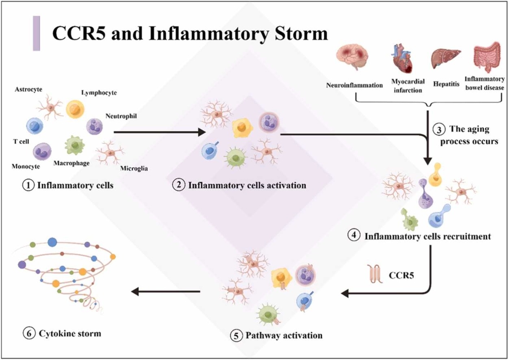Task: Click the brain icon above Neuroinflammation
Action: [x=353, y=58]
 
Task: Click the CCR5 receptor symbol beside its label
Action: [x=374, y=273]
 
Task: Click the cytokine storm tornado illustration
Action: [x=67, y=273]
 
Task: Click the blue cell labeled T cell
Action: [x=34, y=126]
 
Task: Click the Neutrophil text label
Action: [x=122, y=116]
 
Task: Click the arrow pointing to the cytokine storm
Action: [x=166, y=291]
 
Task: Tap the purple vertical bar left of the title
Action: [x=37, y=33]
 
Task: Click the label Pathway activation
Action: [x=283, y=335]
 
